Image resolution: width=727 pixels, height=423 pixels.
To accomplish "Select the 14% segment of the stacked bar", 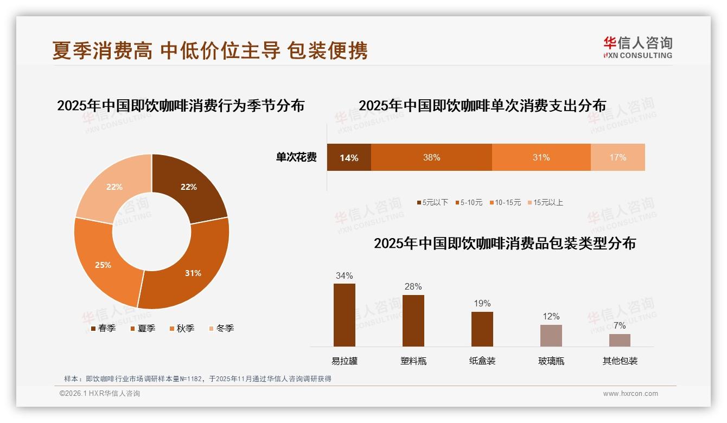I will pos(349,158).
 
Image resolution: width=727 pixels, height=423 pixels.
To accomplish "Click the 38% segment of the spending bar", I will pos(431,158).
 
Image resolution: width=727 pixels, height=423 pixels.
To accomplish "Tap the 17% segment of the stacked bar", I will pos(617,158).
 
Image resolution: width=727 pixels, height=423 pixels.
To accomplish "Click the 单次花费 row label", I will pos(296,158).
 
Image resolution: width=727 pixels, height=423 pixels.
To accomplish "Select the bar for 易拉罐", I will pos(345,315).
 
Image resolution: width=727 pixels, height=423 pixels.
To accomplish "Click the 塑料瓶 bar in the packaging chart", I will pos(413,321).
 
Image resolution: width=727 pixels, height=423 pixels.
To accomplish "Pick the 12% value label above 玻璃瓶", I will pos(551,317).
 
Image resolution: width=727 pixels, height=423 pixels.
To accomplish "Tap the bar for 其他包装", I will pos(620,340).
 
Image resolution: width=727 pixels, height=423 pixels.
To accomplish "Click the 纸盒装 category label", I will pos(482,361).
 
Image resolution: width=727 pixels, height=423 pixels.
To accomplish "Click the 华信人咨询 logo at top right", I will pos(637,47).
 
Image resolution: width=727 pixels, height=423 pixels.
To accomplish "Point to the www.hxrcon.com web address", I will pos(630,394).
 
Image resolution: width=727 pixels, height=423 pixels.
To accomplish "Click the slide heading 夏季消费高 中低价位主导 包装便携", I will pos(210,50).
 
